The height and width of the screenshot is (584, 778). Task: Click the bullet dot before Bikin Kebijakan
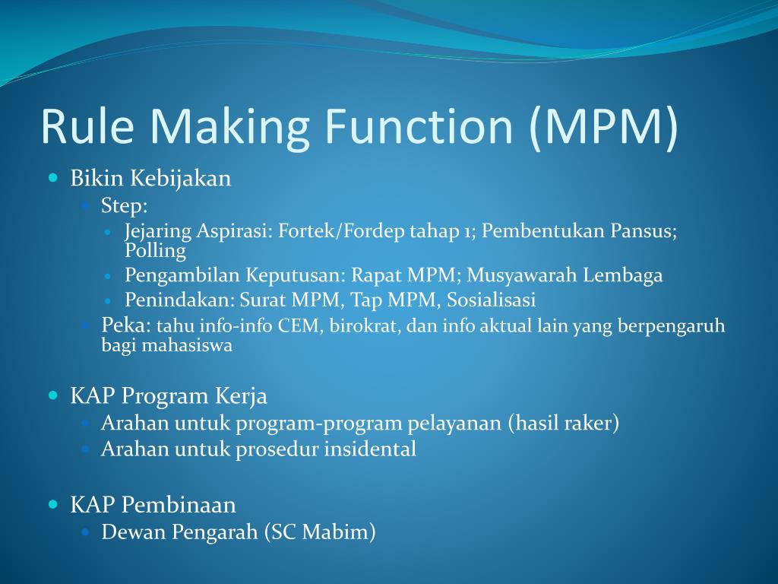(x=53, y=179)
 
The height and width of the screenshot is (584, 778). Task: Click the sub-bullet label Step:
(x=125, y=205)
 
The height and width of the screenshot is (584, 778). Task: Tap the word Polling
(x=155, y=250)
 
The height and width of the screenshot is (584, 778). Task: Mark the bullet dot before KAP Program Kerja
(x=53, y=395)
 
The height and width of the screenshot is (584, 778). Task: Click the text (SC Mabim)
(x=320, y=532)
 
